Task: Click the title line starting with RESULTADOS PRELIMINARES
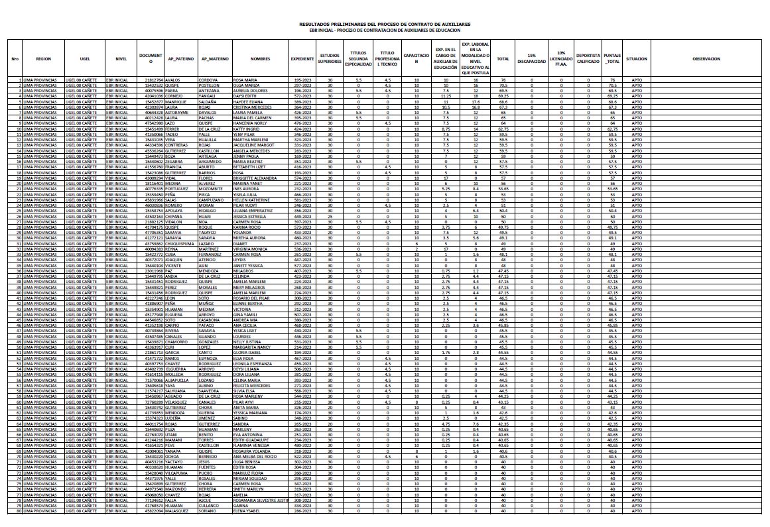click(x=385, y=23)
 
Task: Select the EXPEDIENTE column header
click(x=302, y=58)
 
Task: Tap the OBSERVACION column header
click(x=706, y=58)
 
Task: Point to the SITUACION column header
click(x=636, y=58)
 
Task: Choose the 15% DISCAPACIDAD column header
click(x=531, y=58)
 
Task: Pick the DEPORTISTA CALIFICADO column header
click(x=588, y=58)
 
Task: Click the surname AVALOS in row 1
click(x=173, y=80)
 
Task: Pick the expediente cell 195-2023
click(x=302, y=80)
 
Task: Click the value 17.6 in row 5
click(x=476, y=101)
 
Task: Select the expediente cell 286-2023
click(x=302, y=510)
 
